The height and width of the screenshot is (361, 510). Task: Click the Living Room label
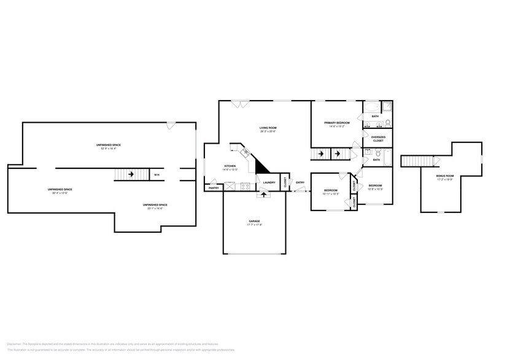tap(268, 128)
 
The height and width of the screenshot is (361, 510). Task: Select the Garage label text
tap(254, 221)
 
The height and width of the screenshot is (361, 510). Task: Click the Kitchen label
tap(230, 166)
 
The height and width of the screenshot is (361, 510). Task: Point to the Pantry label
tap(214, 188)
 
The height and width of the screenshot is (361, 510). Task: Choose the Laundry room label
tap(269, 182)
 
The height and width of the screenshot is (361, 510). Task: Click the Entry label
tap(300, 182)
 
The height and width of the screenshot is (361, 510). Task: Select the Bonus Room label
tap(445, 176)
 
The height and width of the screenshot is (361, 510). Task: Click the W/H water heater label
tap(156, 175)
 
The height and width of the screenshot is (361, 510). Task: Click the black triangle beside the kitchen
tap(263, 165)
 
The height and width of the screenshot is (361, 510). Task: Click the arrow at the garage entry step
tap(264, 195)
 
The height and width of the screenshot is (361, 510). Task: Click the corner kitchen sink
tap(245, 152)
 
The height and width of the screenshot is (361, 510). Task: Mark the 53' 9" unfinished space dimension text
tap(108, 149)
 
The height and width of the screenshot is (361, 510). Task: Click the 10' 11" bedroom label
tap(331, 191)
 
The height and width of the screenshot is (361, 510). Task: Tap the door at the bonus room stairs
tap(437, 161)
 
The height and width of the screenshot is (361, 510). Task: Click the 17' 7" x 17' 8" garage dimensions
tap(254, 225)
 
